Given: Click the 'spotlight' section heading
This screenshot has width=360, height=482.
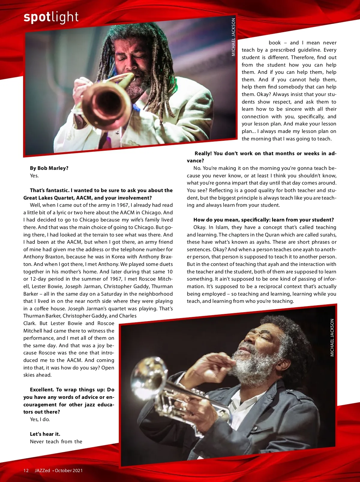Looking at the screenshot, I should (x=51, y=17).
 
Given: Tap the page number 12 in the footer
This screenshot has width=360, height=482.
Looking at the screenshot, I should (x=26, y=470).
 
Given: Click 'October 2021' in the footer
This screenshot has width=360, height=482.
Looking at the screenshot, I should (x=69, y=470).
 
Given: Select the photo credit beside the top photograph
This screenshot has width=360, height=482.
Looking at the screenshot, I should (x=233, y=37).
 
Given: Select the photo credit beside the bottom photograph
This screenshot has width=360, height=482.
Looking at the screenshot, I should (x=332, y=338).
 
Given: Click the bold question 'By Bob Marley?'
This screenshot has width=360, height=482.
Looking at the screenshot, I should (x=49, y=168).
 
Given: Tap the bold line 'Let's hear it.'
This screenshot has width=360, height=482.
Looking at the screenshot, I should (x=45, y=434).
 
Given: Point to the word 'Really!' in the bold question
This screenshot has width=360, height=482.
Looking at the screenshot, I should (x=203, y=153).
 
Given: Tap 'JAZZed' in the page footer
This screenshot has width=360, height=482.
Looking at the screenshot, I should (x=42, y=470).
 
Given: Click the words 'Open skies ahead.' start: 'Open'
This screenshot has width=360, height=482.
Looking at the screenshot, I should (x=108, y=368).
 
